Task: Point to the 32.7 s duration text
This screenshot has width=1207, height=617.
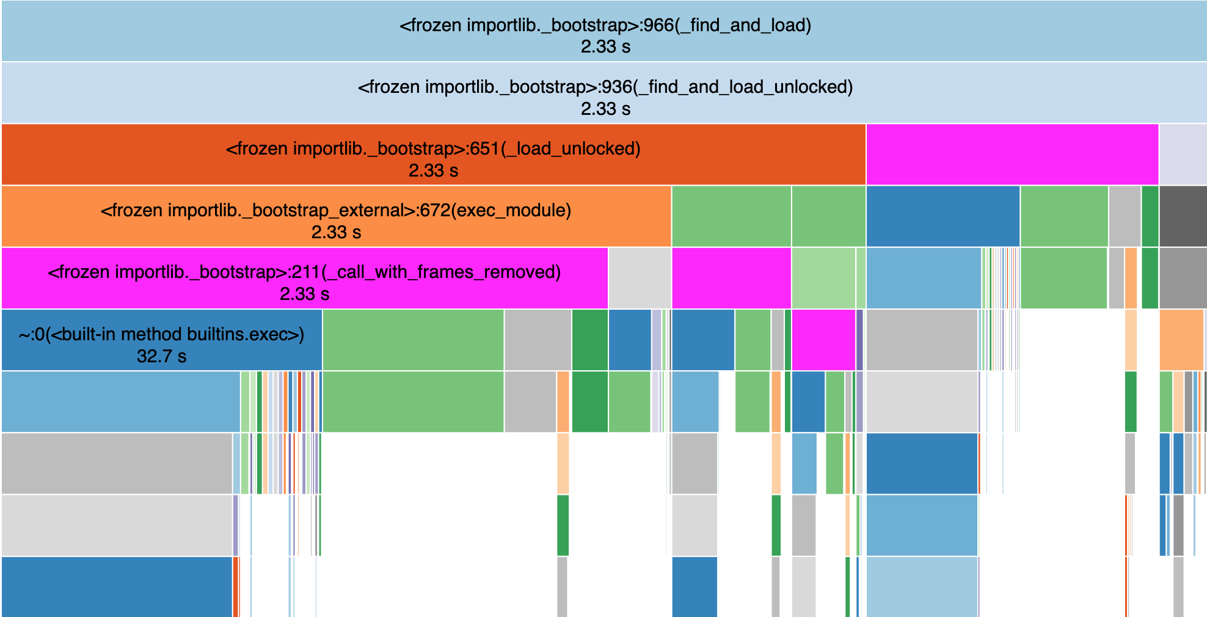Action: point(161,356)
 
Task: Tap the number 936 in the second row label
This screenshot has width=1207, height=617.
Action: point(616,87)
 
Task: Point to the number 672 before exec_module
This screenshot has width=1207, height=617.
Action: point(436,211)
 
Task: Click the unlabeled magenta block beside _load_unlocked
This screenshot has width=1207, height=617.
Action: point(1012,155)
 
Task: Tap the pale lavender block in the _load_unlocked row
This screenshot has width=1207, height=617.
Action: point(1183,155)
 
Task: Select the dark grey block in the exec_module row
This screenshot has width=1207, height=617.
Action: point(1183,216)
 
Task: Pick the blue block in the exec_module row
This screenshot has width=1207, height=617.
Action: point(943,216)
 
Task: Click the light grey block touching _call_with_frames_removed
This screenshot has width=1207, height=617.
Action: point(639,278)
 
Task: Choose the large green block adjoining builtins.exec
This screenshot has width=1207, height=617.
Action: point(413,340)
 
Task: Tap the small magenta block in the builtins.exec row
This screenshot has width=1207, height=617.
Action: point(823,340)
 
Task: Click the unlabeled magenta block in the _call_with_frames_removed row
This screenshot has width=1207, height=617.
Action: point(731,278)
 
